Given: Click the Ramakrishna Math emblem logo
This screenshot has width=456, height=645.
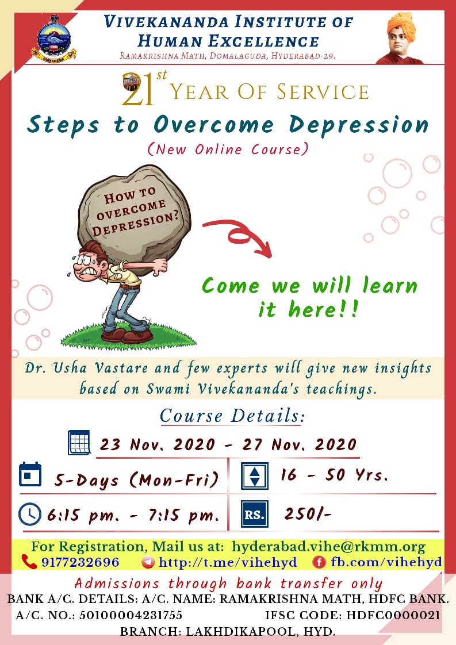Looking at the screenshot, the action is point(54,39).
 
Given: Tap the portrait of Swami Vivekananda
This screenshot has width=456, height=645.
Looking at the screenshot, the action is point(400,38).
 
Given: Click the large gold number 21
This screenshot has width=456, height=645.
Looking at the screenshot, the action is point(138,89).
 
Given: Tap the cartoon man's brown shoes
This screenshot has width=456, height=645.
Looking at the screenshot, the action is point(127,334).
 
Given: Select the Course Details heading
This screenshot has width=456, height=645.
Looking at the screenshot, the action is point(232,416).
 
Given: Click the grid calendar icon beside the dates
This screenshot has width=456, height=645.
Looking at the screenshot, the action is point(79,442).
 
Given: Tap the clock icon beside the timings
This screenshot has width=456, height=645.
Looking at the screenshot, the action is point(30,514).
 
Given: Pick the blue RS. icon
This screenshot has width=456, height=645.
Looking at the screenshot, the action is point(255,514).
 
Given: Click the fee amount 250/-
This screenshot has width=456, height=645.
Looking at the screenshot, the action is point(308,514).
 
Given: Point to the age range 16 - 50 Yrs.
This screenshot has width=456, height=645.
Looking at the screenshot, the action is point(334,475).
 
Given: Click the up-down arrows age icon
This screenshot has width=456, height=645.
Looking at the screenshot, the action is point(255,476).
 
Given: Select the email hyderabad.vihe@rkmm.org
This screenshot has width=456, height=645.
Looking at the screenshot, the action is point(328,547).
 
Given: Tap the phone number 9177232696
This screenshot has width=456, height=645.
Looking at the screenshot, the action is point(81,562).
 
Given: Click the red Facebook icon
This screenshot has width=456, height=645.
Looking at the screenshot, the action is point(319,562).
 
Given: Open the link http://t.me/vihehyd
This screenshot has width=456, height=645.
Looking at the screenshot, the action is point(228,562).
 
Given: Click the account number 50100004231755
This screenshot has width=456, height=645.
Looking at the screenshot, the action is point(131,615).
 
